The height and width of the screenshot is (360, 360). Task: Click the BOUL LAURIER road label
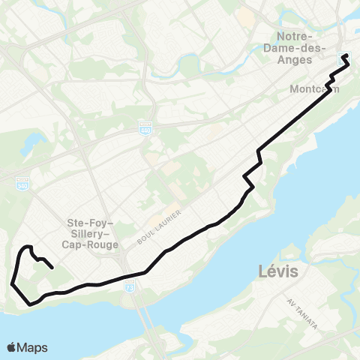[159, 227]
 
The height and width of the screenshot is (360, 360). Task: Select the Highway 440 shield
[145, 129]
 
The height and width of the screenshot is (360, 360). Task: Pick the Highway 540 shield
[22, 183]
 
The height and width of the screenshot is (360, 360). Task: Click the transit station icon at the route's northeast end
[345, 55]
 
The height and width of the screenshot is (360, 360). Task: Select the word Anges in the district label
[301, 62]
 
